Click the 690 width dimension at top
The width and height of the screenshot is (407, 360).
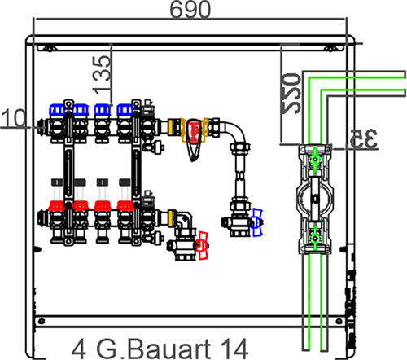click(190, 9)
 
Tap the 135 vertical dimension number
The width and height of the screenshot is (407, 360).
click(102, 75)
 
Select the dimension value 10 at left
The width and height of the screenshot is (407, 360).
click(14, 118)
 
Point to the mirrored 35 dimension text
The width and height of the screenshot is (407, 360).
click(364, 138)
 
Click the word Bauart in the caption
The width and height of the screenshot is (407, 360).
click(168, 349)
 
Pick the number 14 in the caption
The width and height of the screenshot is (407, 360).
click(234, 349)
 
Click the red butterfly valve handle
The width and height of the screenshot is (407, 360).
click(203, 245)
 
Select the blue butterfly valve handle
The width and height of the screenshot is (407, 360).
click(257, 222)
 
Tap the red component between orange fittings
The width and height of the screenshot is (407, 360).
click(194, 131)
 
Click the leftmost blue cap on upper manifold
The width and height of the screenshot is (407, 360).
click(57, 110)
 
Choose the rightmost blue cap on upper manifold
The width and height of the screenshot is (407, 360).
click(125, 110)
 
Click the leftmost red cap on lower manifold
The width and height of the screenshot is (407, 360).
click(56, 206)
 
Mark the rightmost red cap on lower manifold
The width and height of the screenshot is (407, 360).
click(125, 206)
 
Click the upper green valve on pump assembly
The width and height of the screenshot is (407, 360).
click(315, 159)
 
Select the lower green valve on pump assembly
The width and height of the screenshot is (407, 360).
click(315, 239)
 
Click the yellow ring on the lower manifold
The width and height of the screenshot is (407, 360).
click(171, 218)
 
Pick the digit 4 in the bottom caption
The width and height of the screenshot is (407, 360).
click(79, 349)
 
